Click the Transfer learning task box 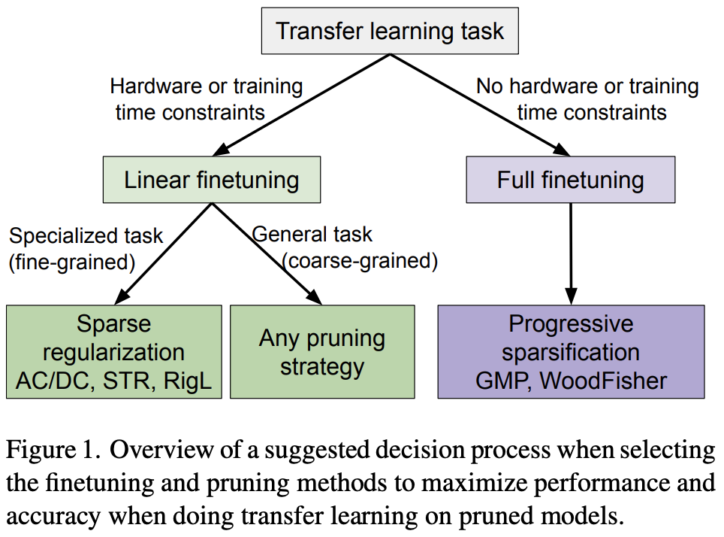390,32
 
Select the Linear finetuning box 211,180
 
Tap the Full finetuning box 570,180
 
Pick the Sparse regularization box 113,351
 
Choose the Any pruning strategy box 321,351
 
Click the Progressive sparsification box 571,351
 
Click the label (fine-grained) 71,262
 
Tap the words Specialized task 86,236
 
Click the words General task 312,234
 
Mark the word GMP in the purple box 502,381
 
